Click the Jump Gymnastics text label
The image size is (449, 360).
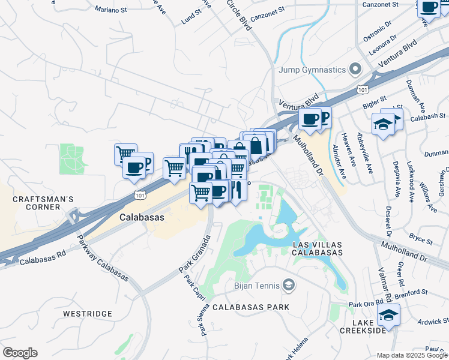[x=312, y=70]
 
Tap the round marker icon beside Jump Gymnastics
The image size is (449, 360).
[x=355, y=69]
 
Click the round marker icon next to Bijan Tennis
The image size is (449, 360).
[x=289, y=284]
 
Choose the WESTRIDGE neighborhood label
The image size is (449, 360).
[x=88, y=314]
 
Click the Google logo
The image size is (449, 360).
[x=20, y=353]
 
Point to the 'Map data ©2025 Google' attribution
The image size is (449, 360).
[x=412, y=355]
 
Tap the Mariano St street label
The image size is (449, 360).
[x=112, y=9]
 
